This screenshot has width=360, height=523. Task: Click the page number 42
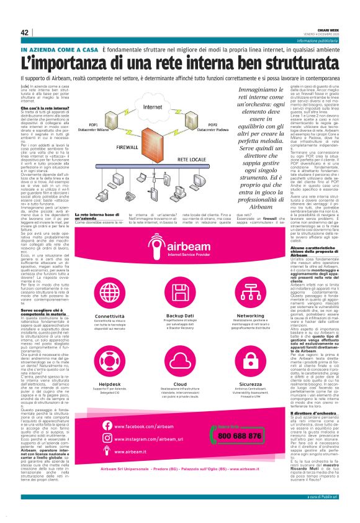(24, 32)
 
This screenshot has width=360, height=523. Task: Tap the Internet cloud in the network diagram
(151, 107)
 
